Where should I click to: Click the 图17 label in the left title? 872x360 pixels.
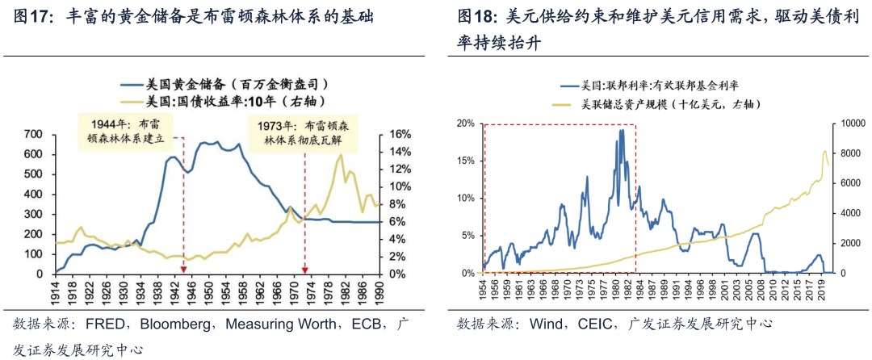coord(31,16)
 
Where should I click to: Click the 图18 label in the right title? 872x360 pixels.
coord(475,16)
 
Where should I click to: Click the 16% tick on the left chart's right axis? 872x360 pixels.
coord(401,134)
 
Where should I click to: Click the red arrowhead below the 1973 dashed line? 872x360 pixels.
coord(305,269)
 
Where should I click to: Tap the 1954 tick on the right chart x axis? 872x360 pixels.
coord(484,292)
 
